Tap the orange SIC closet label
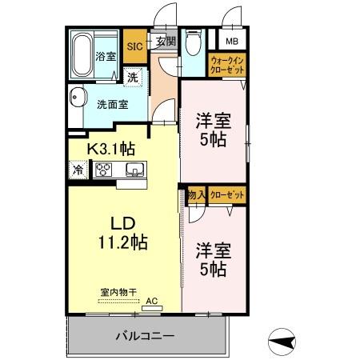tap(134, 46)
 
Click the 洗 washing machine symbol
tap(131, 78)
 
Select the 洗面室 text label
tap(112, 104)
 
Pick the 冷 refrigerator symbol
tap(78, 170)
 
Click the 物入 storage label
tap(197, 194)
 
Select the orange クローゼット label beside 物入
tap(227, 194)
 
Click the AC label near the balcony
tap(152, 302)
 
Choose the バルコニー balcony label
tap(144, 336)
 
